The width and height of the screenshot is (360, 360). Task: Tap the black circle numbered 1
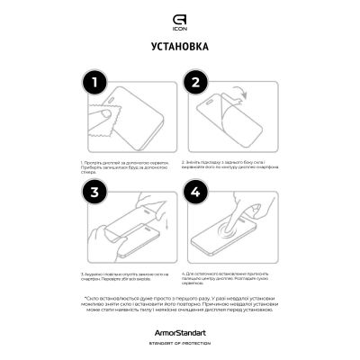click(x=93, y=84)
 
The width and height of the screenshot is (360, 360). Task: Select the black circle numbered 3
click(x=93, y=193)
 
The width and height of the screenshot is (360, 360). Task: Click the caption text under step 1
click(x=129, y=167)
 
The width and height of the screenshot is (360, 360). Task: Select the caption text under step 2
click(x=229, y=167)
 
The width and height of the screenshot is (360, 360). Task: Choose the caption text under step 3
click(x=129, y=277)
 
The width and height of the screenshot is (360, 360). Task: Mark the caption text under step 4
click(x=229, y=280)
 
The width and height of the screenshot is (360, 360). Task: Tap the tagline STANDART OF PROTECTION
click(x=180, y=342)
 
